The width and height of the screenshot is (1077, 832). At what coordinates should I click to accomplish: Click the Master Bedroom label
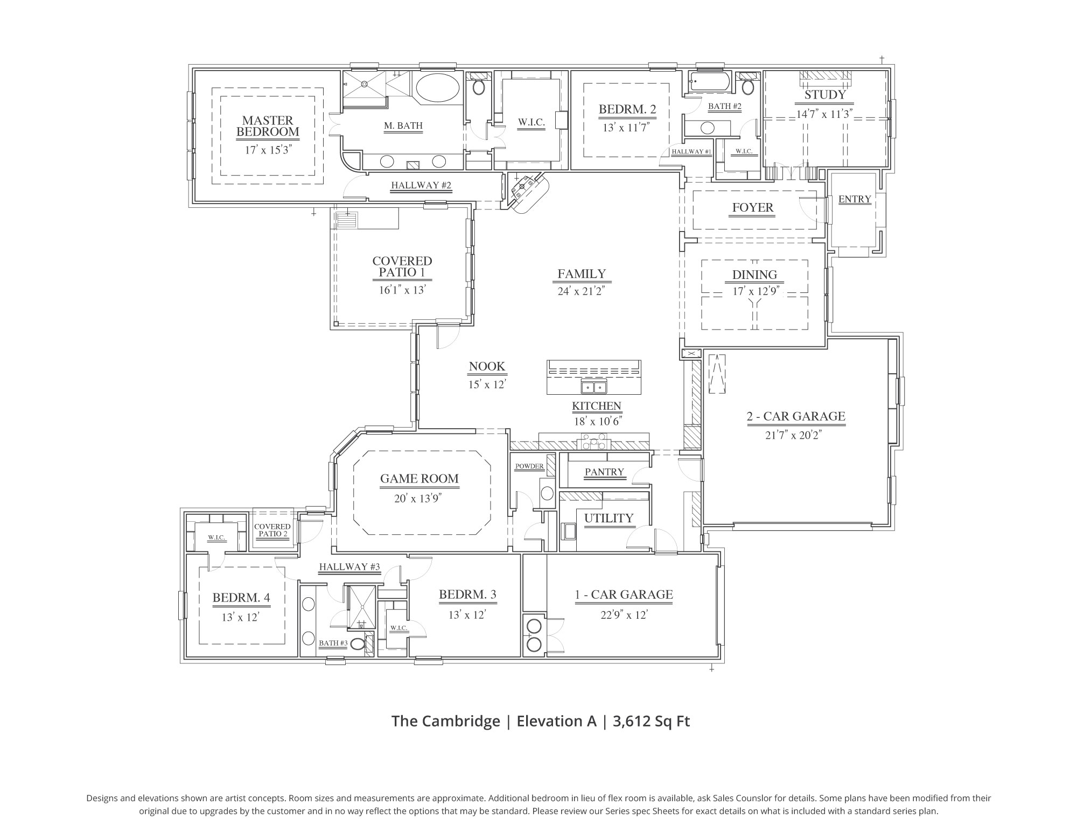point(268,126)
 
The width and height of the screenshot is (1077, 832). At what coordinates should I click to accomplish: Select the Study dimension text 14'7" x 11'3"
point(824,114)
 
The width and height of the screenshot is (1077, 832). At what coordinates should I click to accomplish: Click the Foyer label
point(752,208)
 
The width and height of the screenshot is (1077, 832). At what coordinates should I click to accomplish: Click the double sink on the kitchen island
point(593,387)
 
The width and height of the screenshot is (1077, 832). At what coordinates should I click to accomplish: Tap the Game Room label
point(419,479)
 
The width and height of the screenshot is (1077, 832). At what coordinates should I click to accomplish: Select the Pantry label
point(604,472)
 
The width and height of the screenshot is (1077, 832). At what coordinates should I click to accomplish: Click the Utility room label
point(609,518)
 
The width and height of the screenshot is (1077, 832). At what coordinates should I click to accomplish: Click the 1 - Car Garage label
point(624,595)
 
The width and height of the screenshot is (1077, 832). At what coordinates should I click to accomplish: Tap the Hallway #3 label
point(349,567)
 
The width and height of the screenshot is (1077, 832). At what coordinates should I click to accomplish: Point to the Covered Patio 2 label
point(272,530)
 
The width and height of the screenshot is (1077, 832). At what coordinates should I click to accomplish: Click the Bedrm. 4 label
point(241,597)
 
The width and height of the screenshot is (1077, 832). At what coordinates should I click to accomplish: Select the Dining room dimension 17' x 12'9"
point(754,291)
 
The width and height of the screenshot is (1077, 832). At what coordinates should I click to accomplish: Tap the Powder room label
point(529,466)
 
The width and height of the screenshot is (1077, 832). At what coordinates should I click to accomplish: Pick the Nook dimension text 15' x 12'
point(487,384)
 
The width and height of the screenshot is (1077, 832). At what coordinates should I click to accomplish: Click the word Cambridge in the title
point(461,721)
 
